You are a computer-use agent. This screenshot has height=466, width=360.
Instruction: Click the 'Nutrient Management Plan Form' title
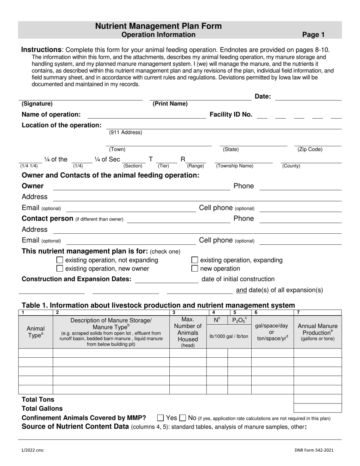pos(158,26)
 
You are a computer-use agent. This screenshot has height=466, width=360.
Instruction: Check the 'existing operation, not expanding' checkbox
pos(59,260)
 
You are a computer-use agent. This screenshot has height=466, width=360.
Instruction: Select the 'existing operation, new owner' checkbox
pos(59,269)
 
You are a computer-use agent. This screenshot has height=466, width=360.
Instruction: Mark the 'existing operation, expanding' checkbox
pos(194,260)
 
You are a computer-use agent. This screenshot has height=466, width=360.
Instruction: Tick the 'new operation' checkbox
pos(194,269)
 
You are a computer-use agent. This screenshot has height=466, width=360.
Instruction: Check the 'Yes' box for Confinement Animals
pos(160,418)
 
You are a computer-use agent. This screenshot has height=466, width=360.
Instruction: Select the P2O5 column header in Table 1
pos(239,321)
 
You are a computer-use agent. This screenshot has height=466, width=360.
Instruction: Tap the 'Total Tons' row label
pos(38,399)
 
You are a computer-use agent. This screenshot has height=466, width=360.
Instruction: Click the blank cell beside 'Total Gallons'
pos(317,408)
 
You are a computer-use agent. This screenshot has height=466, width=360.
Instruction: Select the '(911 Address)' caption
pos(125,133)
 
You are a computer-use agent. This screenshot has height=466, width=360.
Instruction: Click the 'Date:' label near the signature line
pos(263,97)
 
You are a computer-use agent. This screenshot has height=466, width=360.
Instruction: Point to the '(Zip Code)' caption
pos(310,149)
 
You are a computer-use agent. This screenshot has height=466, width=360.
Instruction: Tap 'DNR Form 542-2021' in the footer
pos(314,450)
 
